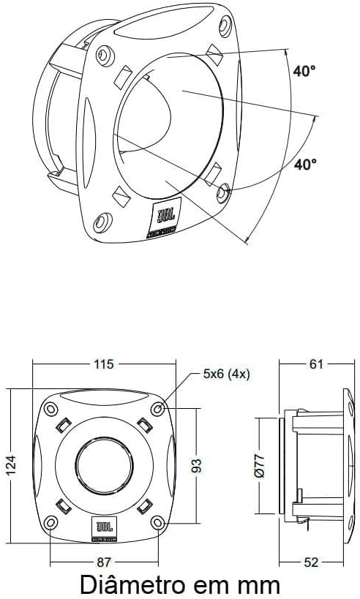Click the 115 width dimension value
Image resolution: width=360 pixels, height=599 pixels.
(x=103, y=363)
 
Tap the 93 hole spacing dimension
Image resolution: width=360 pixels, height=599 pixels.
(x=195, y=464)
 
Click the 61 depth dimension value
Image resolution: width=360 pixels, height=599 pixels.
(x=315, y=363)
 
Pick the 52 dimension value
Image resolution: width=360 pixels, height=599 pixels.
(x=312, y=562)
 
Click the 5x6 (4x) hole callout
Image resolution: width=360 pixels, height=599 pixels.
(x=226, y=374)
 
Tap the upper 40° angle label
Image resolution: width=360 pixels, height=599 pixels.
(x=304, y=72)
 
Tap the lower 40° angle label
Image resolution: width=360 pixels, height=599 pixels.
(x=305, y=165)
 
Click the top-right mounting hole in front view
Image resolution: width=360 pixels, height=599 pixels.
(x=158, y=408)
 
